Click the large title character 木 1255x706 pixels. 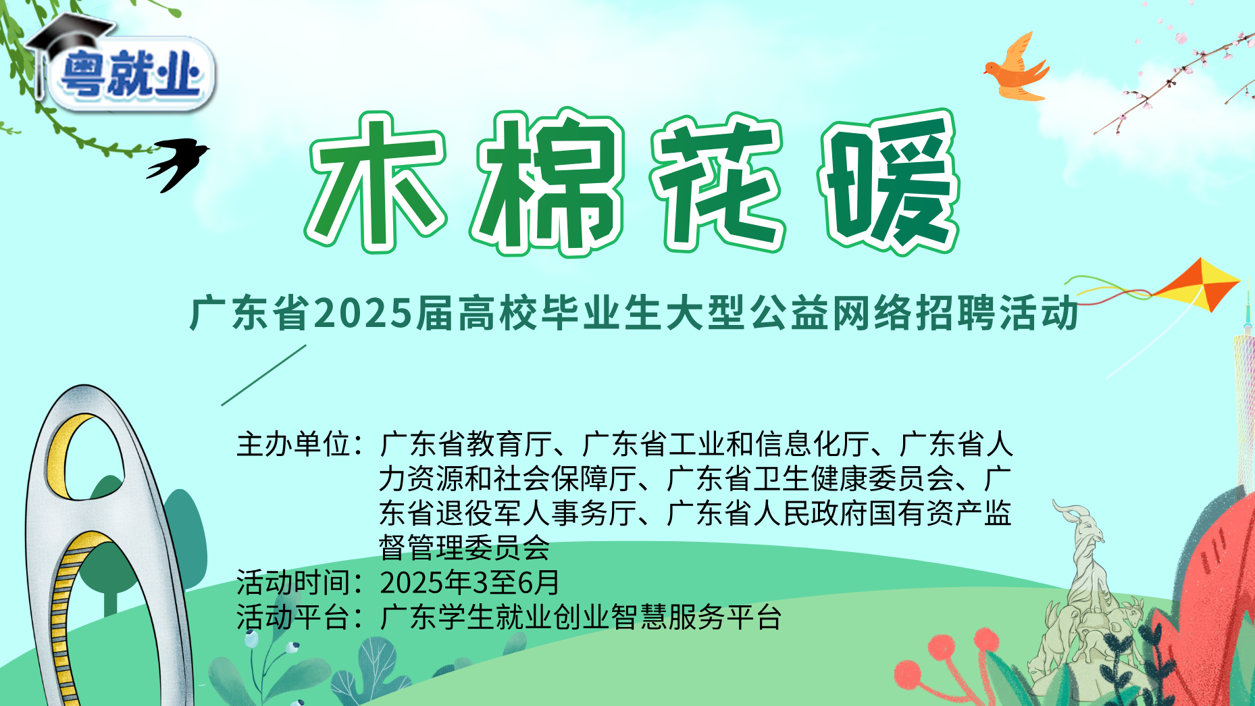point(376,182)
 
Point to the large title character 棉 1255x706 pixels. point(547,182)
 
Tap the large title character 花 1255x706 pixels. point(717,182)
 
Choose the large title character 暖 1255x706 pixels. point(889,182)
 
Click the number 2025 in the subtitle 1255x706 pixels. point(363,314)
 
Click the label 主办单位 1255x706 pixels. point(294,445)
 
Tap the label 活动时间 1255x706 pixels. point(294,582)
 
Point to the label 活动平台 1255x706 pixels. point(294,617)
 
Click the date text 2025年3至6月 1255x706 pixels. point(470,582)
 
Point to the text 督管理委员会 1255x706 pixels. point(465,548)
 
